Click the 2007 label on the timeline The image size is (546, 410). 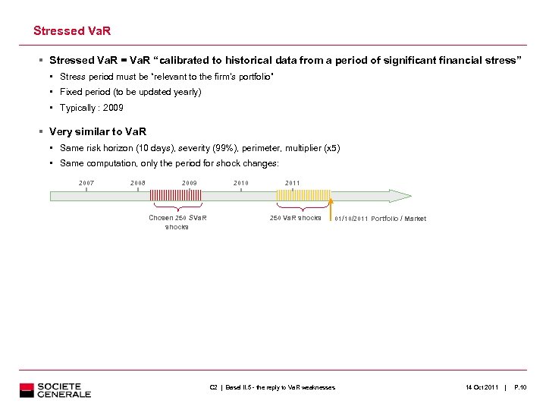click(86, 183)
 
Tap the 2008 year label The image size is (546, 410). click(137, 183)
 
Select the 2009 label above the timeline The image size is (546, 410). click(189, 183)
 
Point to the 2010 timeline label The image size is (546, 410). click(241, 183)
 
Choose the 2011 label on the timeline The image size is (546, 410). click(292, 183)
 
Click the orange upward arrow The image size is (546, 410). click(331, 207)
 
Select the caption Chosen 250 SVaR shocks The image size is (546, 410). click(177, 222)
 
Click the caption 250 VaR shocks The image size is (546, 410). click(295, 218)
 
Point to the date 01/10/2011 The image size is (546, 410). click(350, 219)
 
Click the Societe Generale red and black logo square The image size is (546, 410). click(27, 390)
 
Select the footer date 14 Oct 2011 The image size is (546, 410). click(482, 388)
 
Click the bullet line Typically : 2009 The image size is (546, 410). click(91, 108)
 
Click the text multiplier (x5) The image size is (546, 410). click(311, 148)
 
